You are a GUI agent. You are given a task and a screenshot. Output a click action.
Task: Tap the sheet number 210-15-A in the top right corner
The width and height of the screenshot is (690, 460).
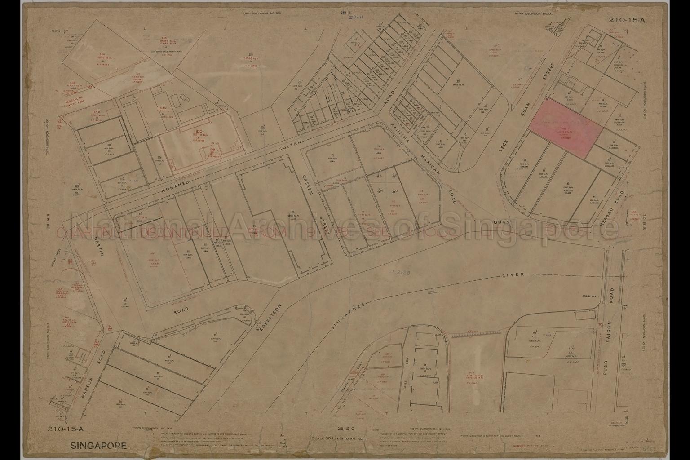pyautogui.click(x=626, y=20)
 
